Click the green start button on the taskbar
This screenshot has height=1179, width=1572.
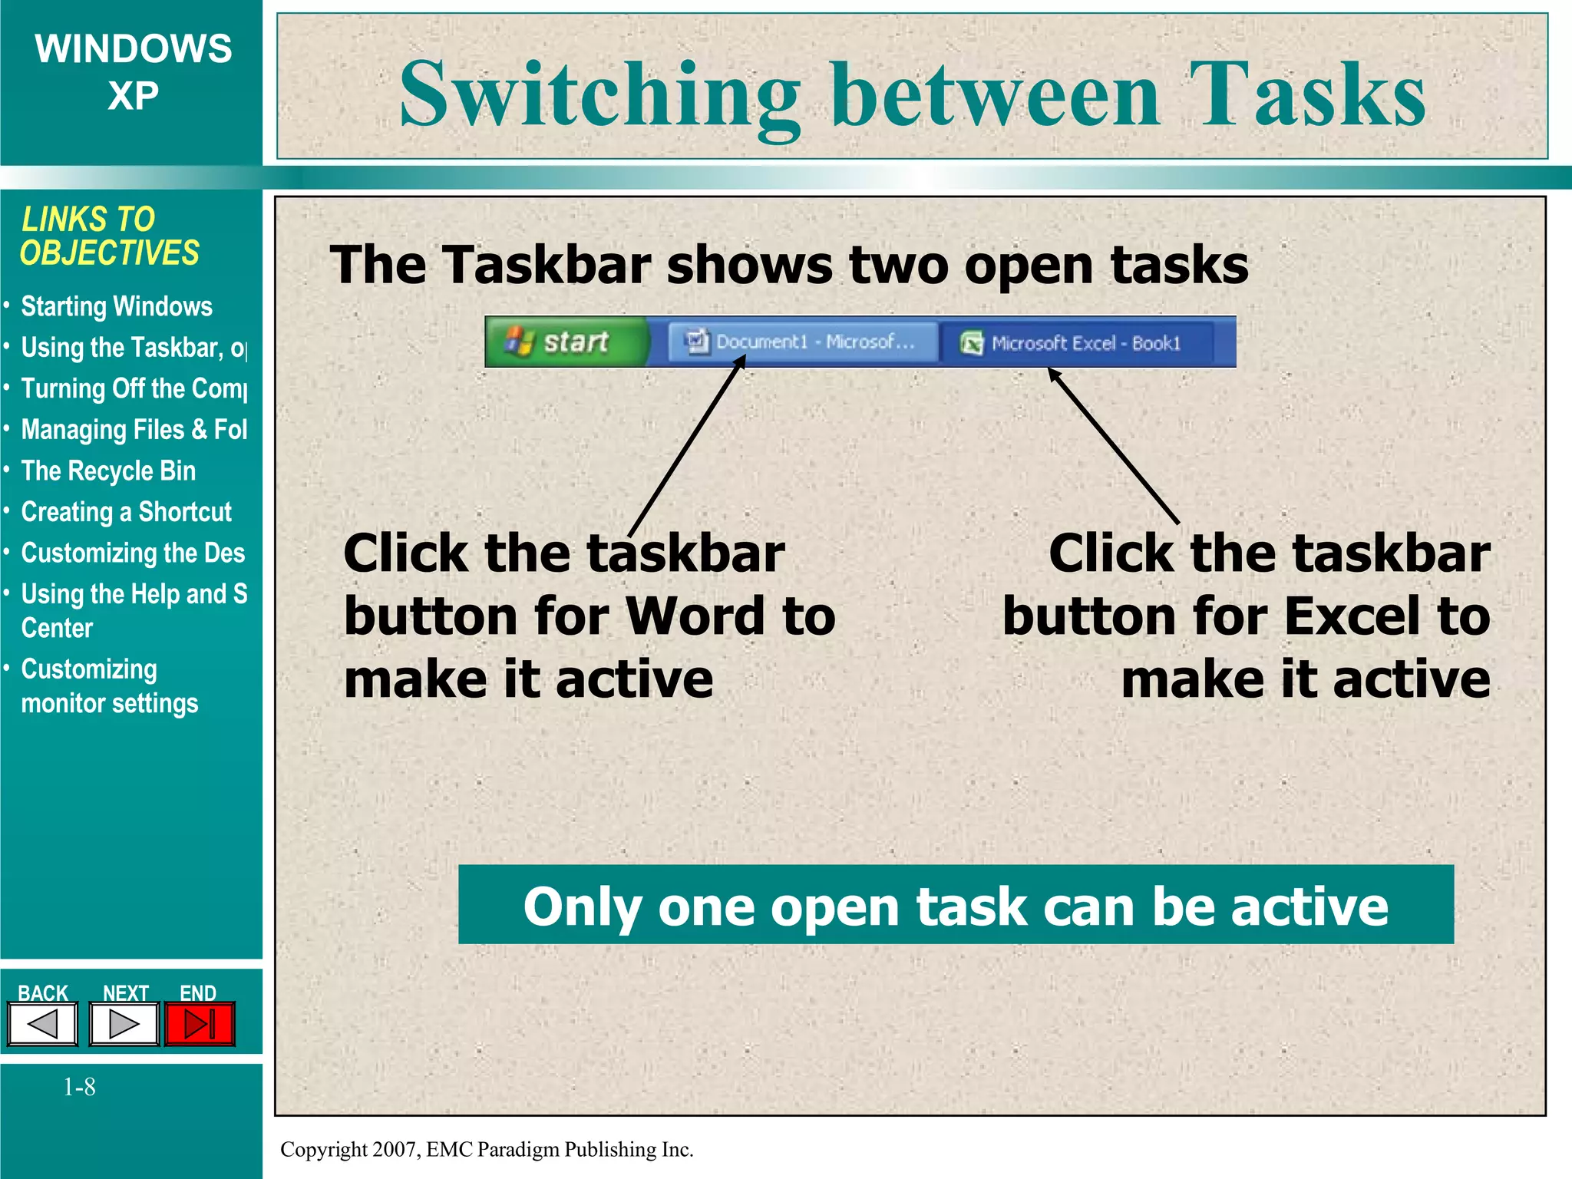click(566, 342)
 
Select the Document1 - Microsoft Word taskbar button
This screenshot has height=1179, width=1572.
click(802, 342)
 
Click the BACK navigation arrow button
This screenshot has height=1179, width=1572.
click(43, 1024)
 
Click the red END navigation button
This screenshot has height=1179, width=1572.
click(200, 1024)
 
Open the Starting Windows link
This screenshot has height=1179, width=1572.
click(116, 306)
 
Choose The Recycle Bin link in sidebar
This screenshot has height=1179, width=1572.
click(108, 471)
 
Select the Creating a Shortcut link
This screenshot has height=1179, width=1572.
click(126, 512)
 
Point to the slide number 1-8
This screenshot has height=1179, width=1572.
click(79, 1087)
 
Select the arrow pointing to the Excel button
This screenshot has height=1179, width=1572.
click(1113, 445)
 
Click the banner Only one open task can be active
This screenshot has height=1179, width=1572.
click(956, 905)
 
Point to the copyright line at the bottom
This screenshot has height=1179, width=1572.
click(487, 1149)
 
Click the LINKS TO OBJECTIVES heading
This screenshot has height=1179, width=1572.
click(109, 236)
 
